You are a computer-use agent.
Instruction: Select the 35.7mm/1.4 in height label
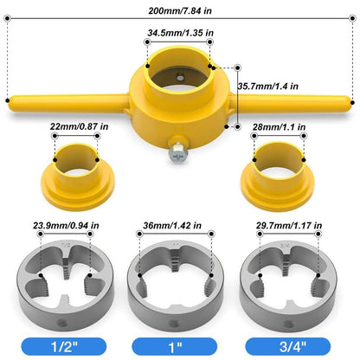coord(269,87)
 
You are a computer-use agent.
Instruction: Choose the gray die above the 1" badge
coord(178,277)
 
